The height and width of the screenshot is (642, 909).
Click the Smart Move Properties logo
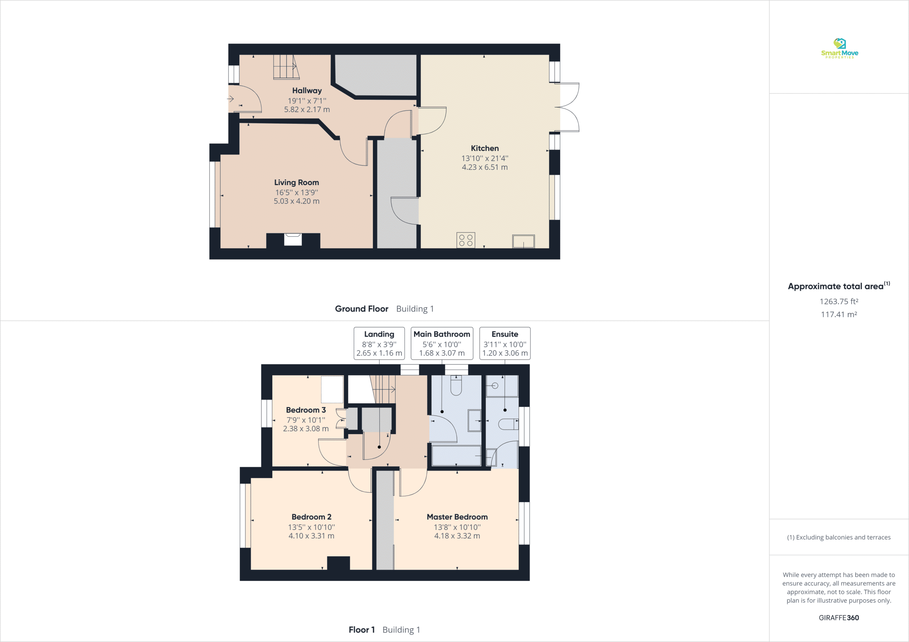point(839,48)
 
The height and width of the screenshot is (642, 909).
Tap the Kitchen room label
point(485,148)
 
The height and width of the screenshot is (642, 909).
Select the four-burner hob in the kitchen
point(466,240)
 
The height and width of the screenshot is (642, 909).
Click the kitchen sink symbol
point(523,241)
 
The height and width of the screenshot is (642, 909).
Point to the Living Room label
point(296,182)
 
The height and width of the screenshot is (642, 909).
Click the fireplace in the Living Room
point(293,240)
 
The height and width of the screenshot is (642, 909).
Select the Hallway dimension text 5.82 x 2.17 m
point(307,110)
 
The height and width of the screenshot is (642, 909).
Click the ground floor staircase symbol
point(285,67)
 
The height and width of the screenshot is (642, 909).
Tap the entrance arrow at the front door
point(230,99)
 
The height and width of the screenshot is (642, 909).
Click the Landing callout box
point(379,343)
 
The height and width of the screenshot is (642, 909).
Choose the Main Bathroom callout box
point(442,343)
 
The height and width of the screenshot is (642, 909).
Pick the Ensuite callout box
point(505,343)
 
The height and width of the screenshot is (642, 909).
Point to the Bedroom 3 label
point(306,410)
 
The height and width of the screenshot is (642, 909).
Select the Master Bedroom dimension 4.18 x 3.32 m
point(457,536)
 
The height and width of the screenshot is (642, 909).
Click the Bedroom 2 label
point(311,517)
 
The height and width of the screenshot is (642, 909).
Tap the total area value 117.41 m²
point(839,315)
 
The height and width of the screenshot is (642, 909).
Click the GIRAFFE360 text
point(839,618)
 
